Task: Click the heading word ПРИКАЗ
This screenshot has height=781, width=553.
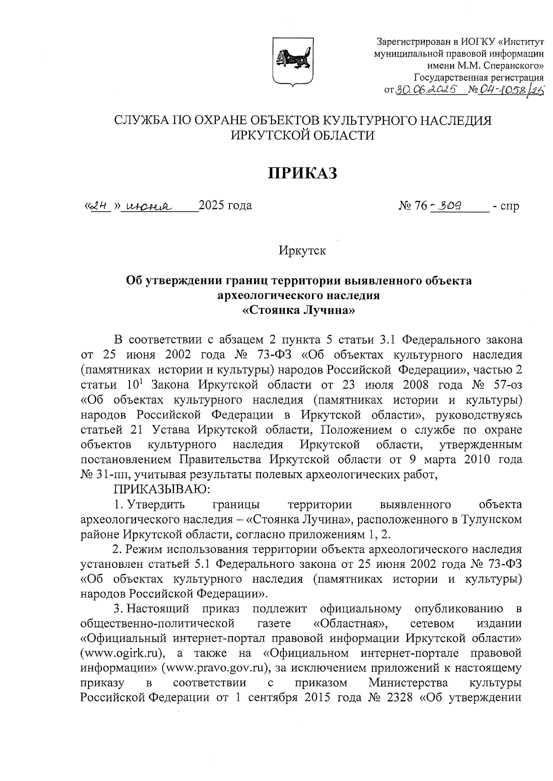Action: (303, 173)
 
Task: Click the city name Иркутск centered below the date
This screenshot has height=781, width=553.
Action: (302, 251)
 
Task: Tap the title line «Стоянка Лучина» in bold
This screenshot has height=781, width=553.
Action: (299, 310)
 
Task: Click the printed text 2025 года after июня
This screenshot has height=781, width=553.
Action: (225, 205)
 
